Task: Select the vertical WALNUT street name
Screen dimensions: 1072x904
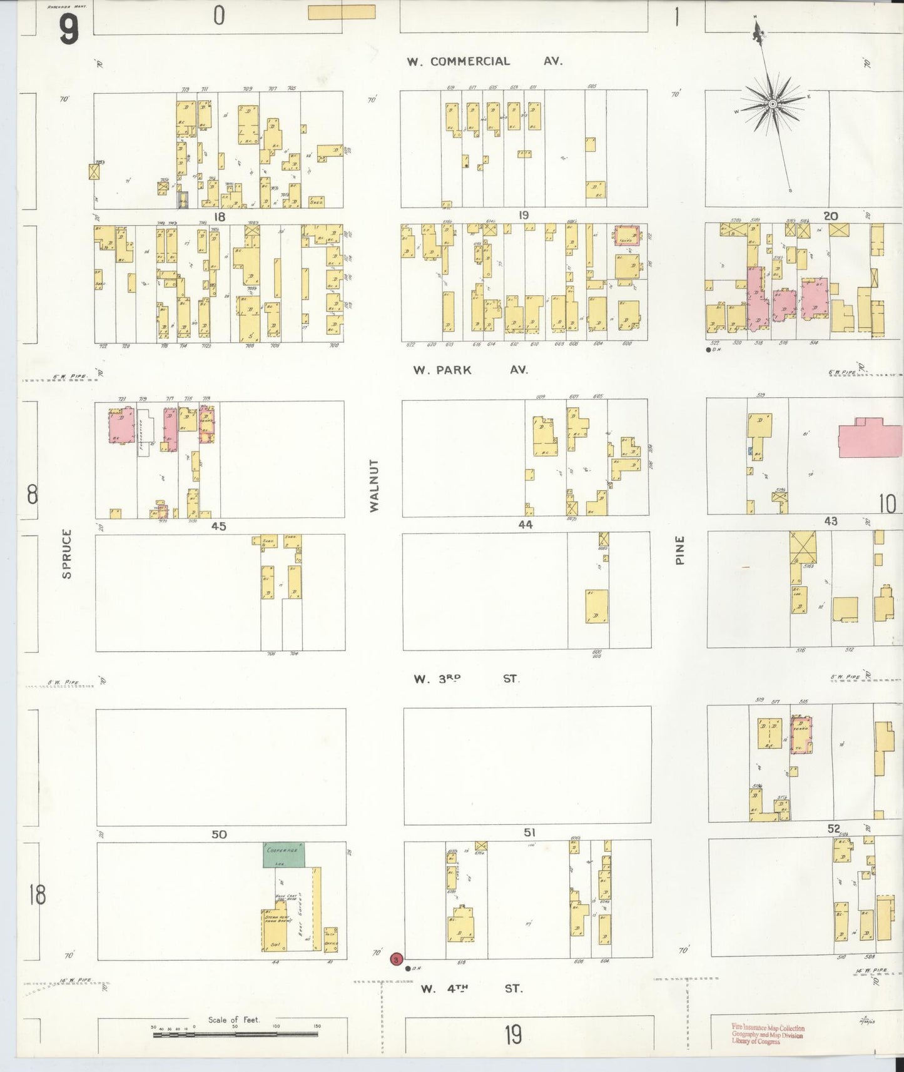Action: click(374, 486)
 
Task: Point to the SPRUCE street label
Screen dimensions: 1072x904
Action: click(67, 554)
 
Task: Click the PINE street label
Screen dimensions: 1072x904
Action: click(680, 550)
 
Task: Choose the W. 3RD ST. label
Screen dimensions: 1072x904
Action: click(466, 679)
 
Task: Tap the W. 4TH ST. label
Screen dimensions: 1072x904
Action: click(471, 989)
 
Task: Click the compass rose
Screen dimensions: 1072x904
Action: click(773, 103)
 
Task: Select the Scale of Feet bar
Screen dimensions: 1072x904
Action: click(235, 1034)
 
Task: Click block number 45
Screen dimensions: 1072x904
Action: click(218, 527)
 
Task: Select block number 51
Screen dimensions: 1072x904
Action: click(529, 832)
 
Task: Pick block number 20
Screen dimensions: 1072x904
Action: click(830, 216)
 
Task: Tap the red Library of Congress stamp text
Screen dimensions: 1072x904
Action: click(768, 1035)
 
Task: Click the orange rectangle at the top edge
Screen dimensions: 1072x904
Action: click(342, 12)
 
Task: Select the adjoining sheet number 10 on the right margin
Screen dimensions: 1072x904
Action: click(887, 504)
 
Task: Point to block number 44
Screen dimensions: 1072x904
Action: click(525, 525)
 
